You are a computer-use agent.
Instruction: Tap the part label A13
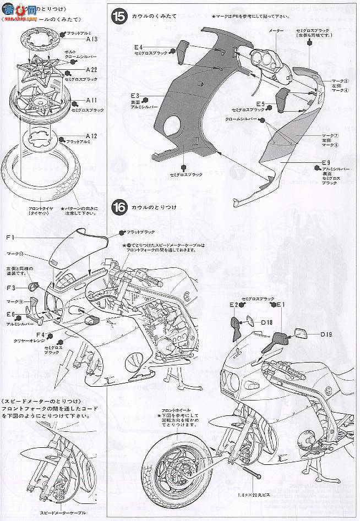(91, 40)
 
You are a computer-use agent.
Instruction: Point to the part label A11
(91, 101)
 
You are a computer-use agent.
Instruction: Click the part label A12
(91, 135)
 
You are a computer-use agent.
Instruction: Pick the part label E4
(138, 47)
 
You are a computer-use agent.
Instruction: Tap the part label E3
(136, 96)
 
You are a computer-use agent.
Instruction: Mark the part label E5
(260, 103)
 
